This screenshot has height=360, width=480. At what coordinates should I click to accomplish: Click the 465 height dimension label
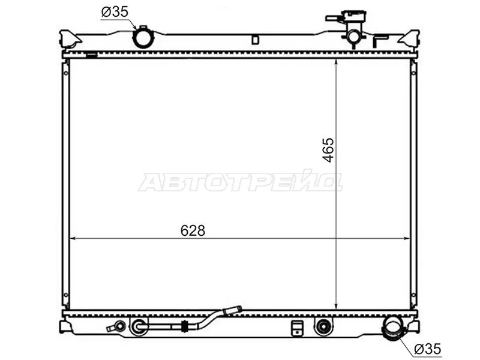coord(328,149)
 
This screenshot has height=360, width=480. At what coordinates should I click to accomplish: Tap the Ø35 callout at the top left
coord(115,11)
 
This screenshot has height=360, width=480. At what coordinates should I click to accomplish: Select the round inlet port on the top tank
coord(143,38)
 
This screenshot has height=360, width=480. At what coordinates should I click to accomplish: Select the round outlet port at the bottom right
coord(394,328)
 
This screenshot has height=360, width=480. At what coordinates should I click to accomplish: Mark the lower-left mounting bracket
coord(66,326)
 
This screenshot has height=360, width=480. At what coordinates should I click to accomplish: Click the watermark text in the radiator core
coord(239,182)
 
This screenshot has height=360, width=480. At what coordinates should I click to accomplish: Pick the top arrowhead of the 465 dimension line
coord(336,62)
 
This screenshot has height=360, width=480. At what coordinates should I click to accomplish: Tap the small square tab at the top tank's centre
coord(255,40)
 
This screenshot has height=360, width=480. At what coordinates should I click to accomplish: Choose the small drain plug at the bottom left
coord(116,327)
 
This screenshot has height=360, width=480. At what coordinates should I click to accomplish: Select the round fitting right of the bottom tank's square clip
coord(323,326)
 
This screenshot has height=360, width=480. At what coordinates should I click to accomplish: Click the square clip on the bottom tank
coord(296,328)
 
